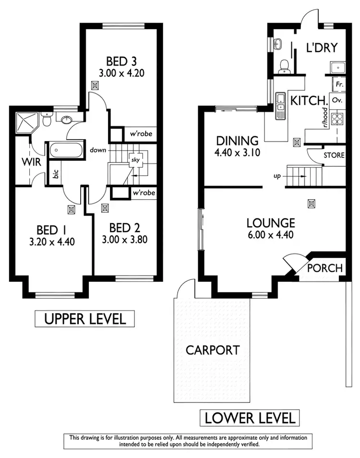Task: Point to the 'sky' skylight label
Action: coord(135,160)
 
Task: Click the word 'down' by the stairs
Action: coord(97,150)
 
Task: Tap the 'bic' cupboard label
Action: coord(56,174)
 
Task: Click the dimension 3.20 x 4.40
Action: coord(52,241)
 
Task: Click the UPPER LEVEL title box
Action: coord(84,318)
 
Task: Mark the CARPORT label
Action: coord(212,350)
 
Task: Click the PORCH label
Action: coord(325,268)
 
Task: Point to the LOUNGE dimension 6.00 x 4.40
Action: coord(270,235)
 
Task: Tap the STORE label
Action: coord(334,155)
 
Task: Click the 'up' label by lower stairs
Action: coord(277,176)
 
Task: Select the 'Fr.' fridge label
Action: coord(339,84)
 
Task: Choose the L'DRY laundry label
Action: coord(322,48)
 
